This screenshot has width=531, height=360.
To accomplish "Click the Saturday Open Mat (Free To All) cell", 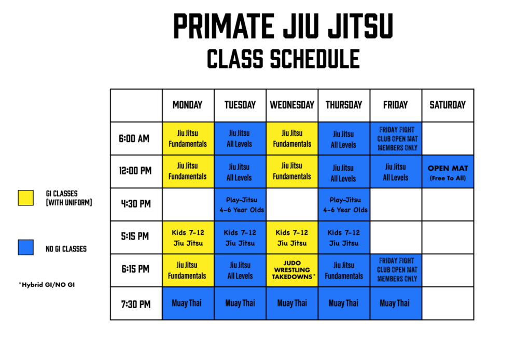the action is coord(448,172).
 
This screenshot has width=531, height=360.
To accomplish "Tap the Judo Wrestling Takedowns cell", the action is coord(292,270).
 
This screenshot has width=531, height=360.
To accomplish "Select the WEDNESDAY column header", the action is coord(292,105).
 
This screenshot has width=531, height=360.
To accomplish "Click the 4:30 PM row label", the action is coord(136,204).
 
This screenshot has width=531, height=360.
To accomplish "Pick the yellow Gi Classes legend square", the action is coord(26,198).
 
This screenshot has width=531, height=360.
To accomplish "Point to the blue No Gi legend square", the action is coord(26,247).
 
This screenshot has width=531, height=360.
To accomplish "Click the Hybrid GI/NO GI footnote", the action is coord(47,284).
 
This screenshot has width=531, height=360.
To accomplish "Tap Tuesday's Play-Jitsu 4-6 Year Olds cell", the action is coord(240,204).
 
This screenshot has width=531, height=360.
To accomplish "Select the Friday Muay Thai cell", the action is coord(396,303).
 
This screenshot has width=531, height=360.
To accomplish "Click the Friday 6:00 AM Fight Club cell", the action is coord(396,139).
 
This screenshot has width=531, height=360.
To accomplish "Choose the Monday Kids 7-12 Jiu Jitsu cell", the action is coord(188,238).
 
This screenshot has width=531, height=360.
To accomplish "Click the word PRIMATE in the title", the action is coord(223,26).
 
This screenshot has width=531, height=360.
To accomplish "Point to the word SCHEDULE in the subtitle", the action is coord(315,59).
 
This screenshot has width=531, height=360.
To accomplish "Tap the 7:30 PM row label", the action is coord(136,304).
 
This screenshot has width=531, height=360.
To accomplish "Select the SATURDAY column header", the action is coord(448,105).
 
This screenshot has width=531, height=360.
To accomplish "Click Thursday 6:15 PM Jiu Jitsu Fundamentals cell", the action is coord(344,270).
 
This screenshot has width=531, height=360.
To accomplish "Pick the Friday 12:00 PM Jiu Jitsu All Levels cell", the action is coord(396,172).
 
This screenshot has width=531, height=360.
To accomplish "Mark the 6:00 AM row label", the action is coord(134,139).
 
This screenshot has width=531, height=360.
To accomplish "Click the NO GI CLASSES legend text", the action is coord(66,249).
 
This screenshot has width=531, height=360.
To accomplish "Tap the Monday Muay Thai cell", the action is coord(188,303).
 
